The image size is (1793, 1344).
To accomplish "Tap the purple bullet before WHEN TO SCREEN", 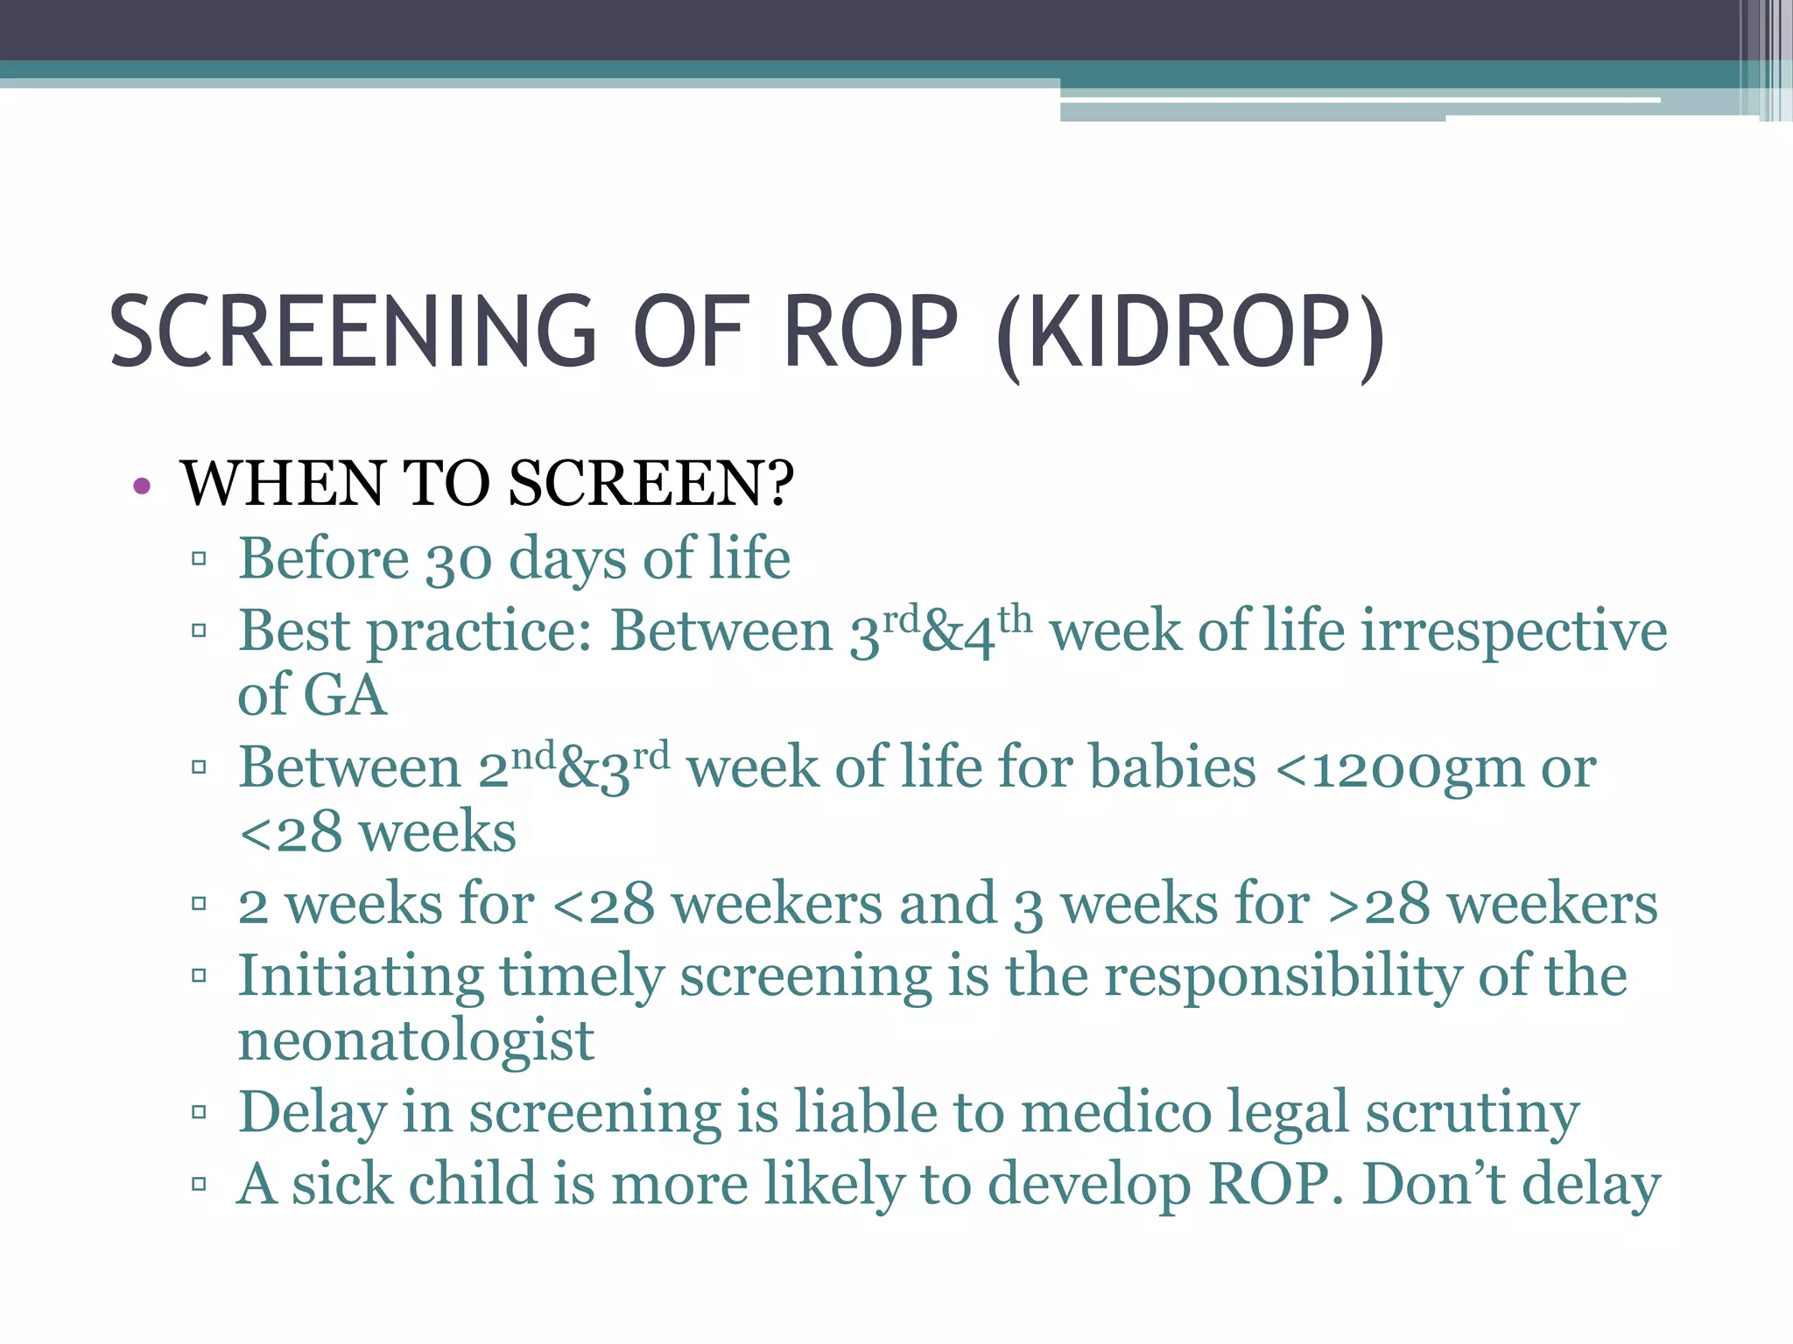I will pyautogui.click(x=143, y=486).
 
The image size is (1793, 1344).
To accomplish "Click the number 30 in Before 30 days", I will pyautogui.click(x=459, y=561).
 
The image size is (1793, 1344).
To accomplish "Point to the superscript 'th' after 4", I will pyautogui.click(x=1015, y=620).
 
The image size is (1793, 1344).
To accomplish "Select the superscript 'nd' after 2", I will pyautogui.click(x=533, y=755).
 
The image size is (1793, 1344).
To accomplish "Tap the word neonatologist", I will pyautogui.click(x=416, y=1041).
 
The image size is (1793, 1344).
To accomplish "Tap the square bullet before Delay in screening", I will pyautogui.click(x=199, y=1112).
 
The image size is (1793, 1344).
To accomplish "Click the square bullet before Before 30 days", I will pyautogui.click(x=199, y=558).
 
